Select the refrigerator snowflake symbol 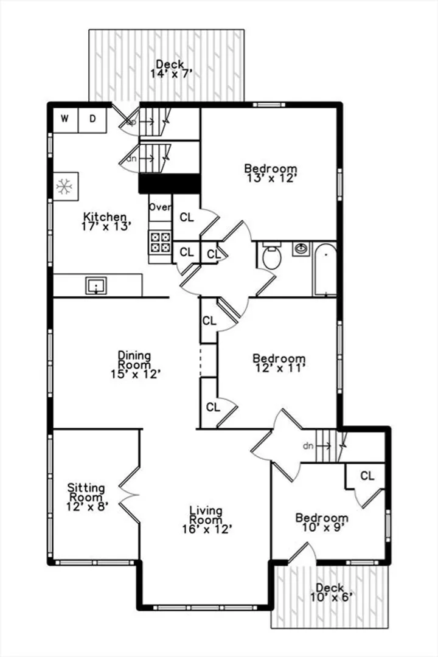[x=65, y=187]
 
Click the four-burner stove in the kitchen [x=161, y=242]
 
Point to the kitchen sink [x=96, y=286]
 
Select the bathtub [x=325, y=270]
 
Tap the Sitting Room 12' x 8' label [x=87, y=498]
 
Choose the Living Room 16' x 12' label [x=207, y=520]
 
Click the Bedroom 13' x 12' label [x=271, y=173]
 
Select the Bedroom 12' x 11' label [x=279, y=363]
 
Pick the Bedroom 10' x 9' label [x=322, y=523]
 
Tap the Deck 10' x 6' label [x=330, y=593]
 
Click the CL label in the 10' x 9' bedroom [x=367, y=476]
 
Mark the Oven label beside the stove [x=160, y=207]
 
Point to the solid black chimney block [x=169, y=184]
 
